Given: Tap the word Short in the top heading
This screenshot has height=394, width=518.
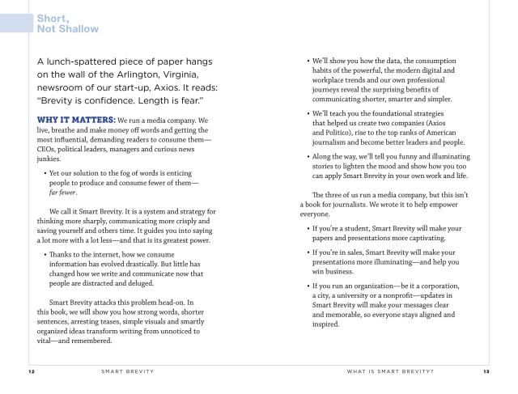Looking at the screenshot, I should pyautogui.click(x=51, y=17).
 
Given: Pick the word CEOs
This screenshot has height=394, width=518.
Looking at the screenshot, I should pyautogui.click(x=50, y=149).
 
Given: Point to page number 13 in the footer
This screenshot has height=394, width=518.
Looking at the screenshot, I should pyautogui.click(x=486, y=372).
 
